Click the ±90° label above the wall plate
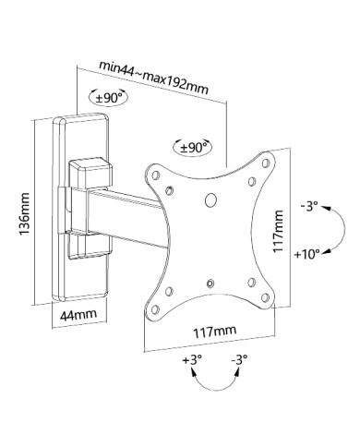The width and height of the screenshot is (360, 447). [x=108, y=98]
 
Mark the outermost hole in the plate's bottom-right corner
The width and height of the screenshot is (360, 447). [x=266, y=296]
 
